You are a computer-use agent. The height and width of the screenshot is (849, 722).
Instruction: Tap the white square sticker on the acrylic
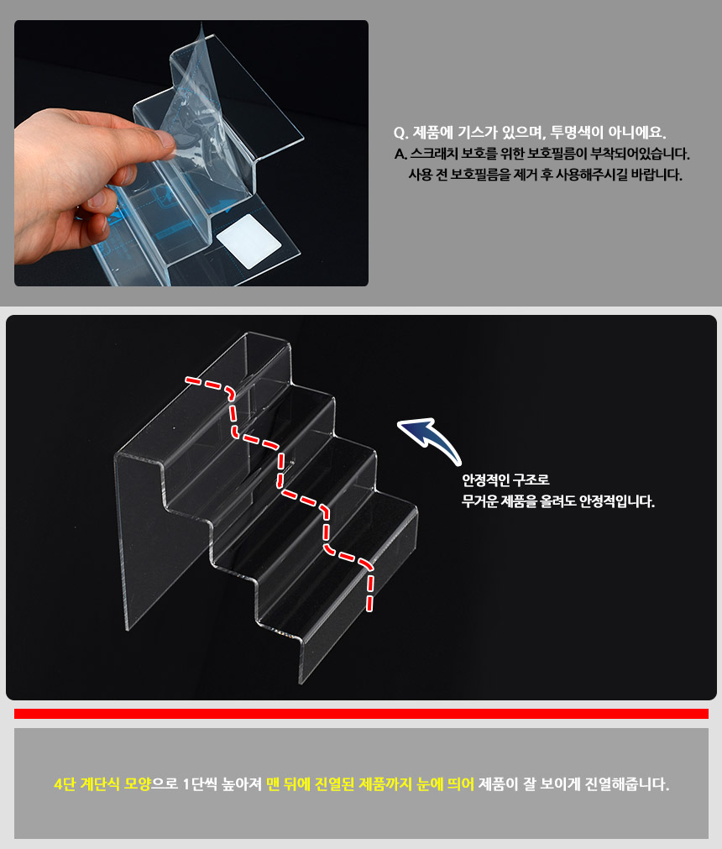(249, 241)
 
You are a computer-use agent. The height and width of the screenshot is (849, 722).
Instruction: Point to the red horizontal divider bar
(361, 714)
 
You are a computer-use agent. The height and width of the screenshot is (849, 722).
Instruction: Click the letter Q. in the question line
(400, 134)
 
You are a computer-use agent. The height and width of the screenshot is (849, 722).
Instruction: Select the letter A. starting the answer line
(400, 155)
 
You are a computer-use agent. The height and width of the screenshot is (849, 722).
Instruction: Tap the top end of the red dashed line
(187, 380)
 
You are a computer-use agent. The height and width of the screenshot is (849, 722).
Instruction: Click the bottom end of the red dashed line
(369, 609)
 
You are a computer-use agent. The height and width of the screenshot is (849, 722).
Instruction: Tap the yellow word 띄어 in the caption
(461, 784)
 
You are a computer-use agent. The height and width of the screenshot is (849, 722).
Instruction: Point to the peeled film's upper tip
(201, 24)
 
